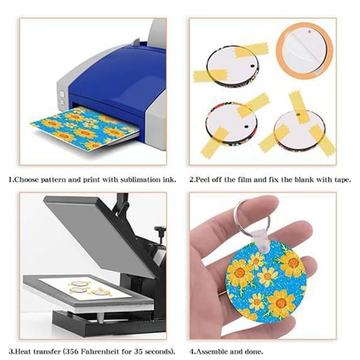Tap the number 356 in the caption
pyautogui.click(x=71, y=351)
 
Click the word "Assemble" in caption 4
pyautogui.click(x=211, y=351)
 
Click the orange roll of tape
pyautogui.click(x=304, y=52)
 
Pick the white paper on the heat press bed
pyautogui.click(x=85, y=288)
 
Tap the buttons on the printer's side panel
pyautogui.click(x=62, y=98)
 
